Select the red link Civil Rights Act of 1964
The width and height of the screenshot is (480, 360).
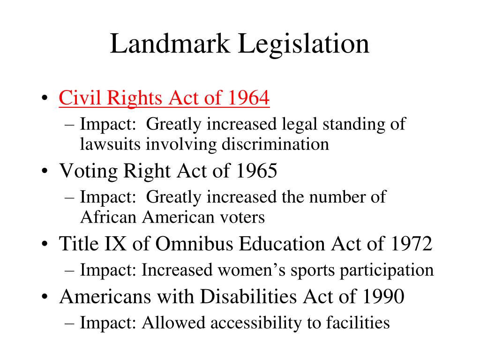pos(164,99)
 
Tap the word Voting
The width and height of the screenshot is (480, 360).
pos(89,172)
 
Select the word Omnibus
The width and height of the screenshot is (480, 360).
pos(190,244)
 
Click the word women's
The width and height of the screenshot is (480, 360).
pos(244,270)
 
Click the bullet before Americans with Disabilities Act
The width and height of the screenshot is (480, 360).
pos(44,298)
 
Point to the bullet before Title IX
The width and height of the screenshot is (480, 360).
pos(44,245)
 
